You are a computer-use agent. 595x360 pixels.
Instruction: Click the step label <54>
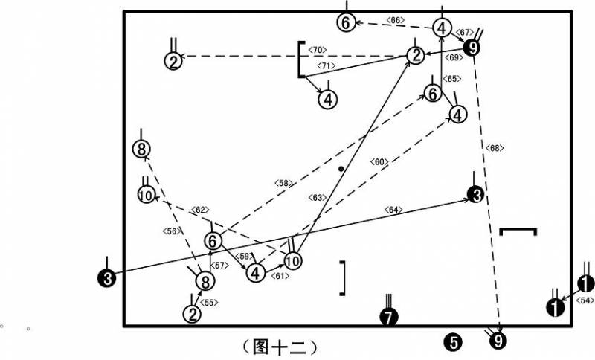585,300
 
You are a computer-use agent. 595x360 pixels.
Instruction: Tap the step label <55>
209,302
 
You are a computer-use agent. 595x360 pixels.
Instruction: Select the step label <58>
283,183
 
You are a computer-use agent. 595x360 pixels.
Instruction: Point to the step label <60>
379,162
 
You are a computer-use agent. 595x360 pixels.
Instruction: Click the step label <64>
393,210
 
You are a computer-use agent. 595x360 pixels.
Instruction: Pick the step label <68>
495,148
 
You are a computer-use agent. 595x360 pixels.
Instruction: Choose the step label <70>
318,50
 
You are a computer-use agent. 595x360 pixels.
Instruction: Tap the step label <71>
327,65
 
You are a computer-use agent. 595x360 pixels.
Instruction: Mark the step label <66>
396,20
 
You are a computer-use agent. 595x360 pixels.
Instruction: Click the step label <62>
200,210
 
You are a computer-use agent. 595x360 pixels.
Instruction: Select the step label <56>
172,231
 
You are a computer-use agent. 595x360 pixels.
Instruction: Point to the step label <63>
318,198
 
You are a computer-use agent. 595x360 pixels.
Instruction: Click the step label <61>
280,276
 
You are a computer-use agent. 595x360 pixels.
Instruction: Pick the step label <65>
452,79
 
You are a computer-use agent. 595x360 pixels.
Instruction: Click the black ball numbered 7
389,317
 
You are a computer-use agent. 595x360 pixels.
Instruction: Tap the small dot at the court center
341,169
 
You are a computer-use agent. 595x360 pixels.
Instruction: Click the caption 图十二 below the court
280,347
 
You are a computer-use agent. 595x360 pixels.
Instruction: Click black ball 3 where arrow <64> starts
107,278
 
